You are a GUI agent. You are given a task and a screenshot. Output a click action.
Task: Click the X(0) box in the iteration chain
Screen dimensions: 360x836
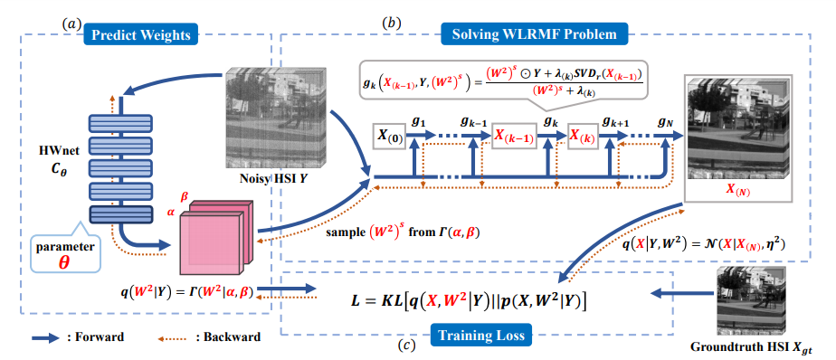coord(389,136)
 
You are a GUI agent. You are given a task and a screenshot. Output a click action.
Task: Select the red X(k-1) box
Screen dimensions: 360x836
coord(516,136)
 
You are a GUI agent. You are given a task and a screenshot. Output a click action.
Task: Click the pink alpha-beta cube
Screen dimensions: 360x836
coord(216,237)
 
